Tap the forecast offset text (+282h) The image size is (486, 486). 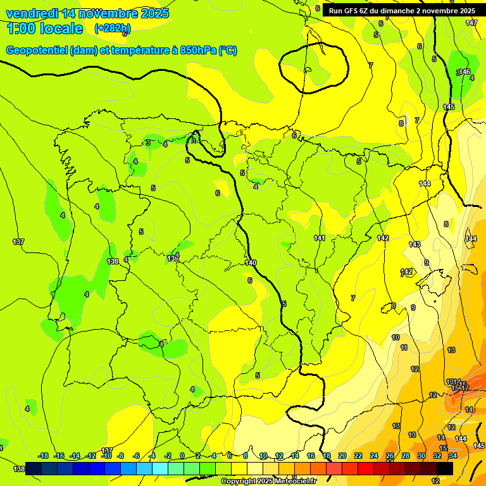(x=113, y=28)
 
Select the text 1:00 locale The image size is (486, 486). (x=45, y=28)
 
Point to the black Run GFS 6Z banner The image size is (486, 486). (x=402, y=11)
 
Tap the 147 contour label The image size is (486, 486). (x=471, y=23)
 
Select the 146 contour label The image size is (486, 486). (x=464, y=72)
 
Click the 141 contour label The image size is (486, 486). (x=320, y=238)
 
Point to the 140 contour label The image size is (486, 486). (x=251, y=263)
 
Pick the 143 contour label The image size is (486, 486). (x=414, y=244)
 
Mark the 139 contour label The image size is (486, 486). (x=172, y=258)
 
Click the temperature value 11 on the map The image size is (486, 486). (x=404, y=347)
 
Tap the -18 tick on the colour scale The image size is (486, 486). (x=43, y=456)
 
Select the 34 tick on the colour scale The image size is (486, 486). (x=453, y=456)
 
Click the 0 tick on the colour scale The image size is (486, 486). (x=182, y=456)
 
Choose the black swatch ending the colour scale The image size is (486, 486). (x=445, y=468)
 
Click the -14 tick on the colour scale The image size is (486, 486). (x=75, y=456)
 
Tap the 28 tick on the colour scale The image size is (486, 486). (x=406, y=456)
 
